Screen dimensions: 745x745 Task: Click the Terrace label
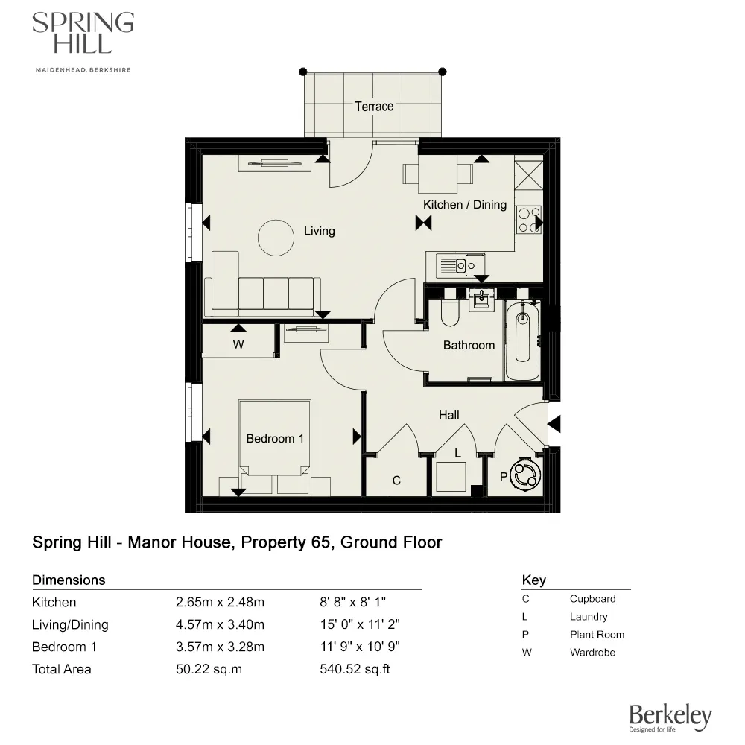[373, 107]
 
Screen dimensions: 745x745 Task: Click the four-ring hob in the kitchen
[528, 219]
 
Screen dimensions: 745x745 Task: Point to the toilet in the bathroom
[451, 314]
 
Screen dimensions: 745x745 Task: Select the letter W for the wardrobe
[238, 344]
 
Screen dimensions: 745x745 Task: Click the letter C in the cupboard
[396, 481]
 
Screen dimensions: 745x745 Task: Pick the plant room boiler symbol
[526, 475]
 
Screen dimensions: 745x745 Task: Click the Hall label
[448, 415]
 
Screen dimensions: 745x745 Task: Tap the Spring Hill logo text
[82, 34]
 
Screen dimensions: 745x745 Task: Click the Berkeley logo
[670, 717]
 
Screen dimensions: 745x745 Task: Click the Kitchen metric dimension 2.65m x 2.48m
[220, 602]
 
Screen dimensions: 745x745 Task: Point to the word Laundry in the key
[589, 617]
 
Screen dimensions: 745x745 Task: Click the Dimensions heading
[69, 580]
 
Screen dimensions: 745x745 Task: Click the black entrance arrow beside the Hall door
[554, 424]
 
